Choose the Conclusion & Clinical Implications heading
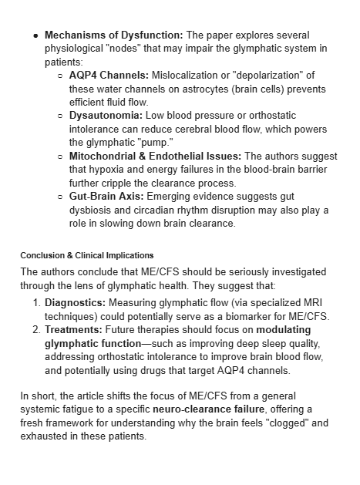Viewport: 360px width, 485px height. point(87,255)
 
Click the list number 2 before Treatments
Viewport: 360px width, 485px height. point(36,329)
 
